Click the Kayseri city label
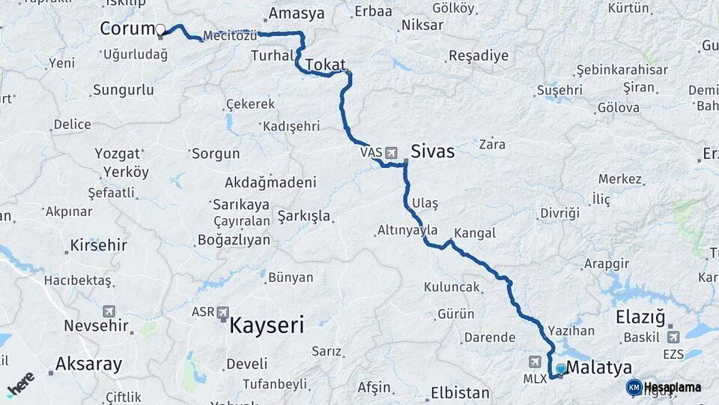coord(267,325)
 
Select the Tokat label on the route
coord(324,64)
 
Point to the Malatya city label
coord(598,367)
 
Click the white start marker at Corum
coord(160,30)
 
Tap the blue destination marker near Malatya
coord(560,369)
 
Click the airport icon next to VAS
coord(392,153)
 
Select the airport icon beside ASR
coord(223,311)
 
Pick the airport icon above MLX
coord(536,361)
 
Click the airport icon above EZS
coord(673,337)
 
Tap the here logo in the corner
coord(21,383)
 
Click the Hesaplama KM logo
coord(665,388)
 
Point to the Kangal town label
coord(475,233)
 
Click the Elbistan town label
coord(460,393)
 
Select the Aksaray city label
coord(88,365)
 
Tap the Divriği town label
coord(560,213)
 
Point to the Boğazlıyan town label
coord(233,240)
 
